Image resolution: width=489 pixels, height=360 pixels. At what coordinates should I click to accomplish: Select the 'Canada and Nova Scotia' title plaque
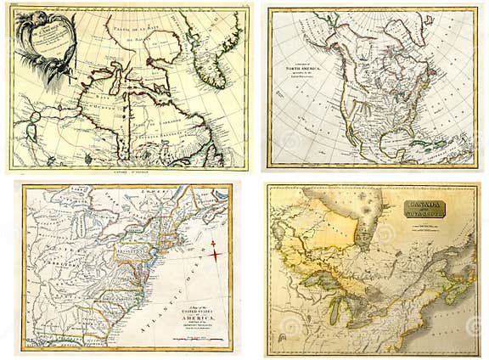pyautogui.click(x=427, y=209)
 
